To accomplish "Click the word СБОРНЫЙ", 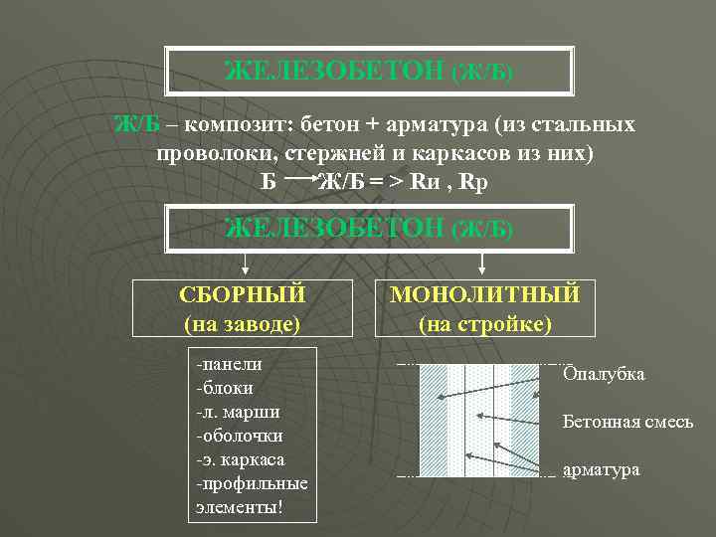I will point(242,295).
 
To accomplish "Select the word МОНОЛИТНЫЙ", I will point(485,295).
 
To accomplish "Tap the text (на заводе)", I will point(242,323).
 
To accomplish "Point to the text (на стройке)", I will point(485,323).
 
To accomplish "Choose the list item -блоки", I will point(226,388).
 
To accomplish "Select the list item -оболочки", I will point(240,436).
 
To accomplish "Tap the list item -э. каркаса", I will point(241,459).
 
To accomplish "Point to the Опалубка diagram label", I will point(604,374).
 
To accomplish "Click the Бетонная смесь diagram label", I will point(627,422).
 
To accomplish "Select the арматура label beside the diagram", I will point(601,469).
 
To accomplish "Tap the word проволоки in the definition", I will point(216,154).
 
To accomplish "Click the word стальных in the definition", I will point(589,125).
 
